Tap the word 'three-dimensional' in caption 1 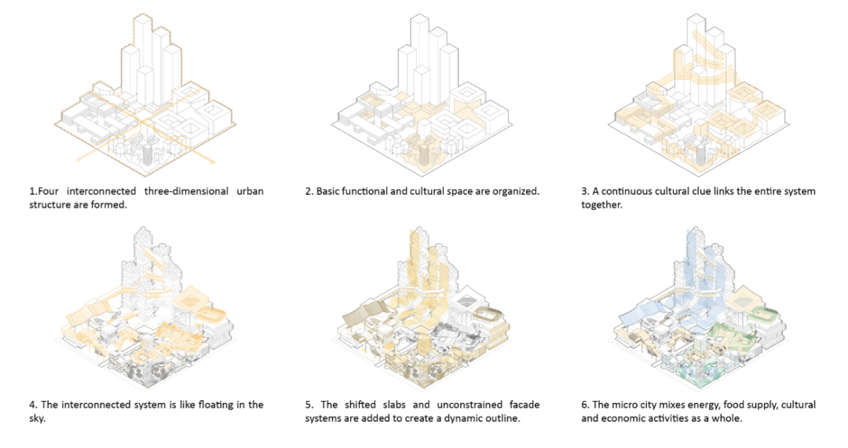point(177,192)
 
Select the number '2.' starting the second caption point(309,192)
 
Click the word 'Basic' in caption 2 point(330,192)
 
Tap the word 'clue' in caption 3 point(715,192)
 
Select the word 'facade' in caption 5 point(524,405)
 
